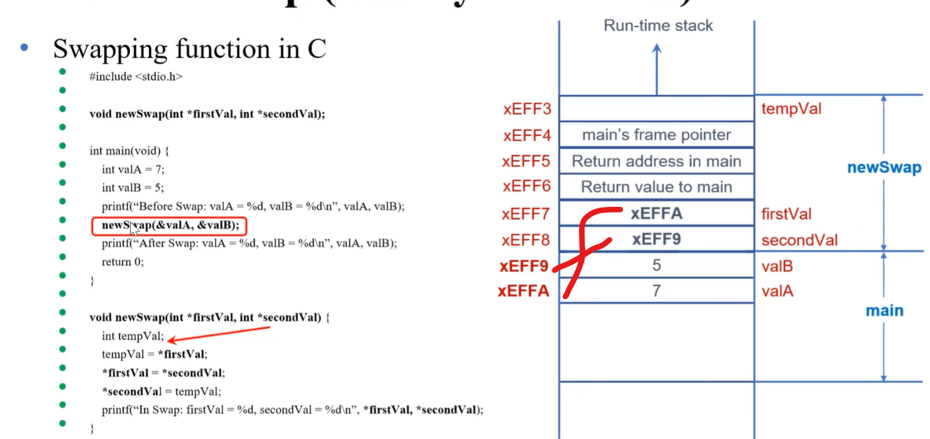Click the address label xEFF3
click(527, 109)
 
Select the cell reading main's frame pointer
click(657, 135)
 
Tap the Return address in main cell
click(657, 161)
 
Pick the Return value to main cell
click(657, 187)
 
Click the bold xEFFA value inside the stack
click(657, 213)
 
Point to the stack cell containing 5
click(657, 266)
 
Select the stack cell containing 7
click(657, 291)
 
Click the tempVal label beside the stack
click(792, 109)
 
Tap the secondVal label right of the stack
click(799, 240)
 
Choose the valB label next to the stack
click(777, 266)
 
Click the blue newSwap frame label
click(884, 168)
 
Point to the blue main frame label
click(885, 310)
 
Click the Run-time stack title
click(658, 26)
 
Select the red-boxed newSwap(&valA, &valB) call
click(170, 225)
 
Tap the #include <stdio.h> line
click(136, 77)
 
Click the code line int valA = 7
click(133, 169)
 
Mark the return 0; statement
click(116, 262)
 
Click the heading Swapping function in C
click(189, 50)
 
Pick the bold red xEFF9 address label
click(524, 266)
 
